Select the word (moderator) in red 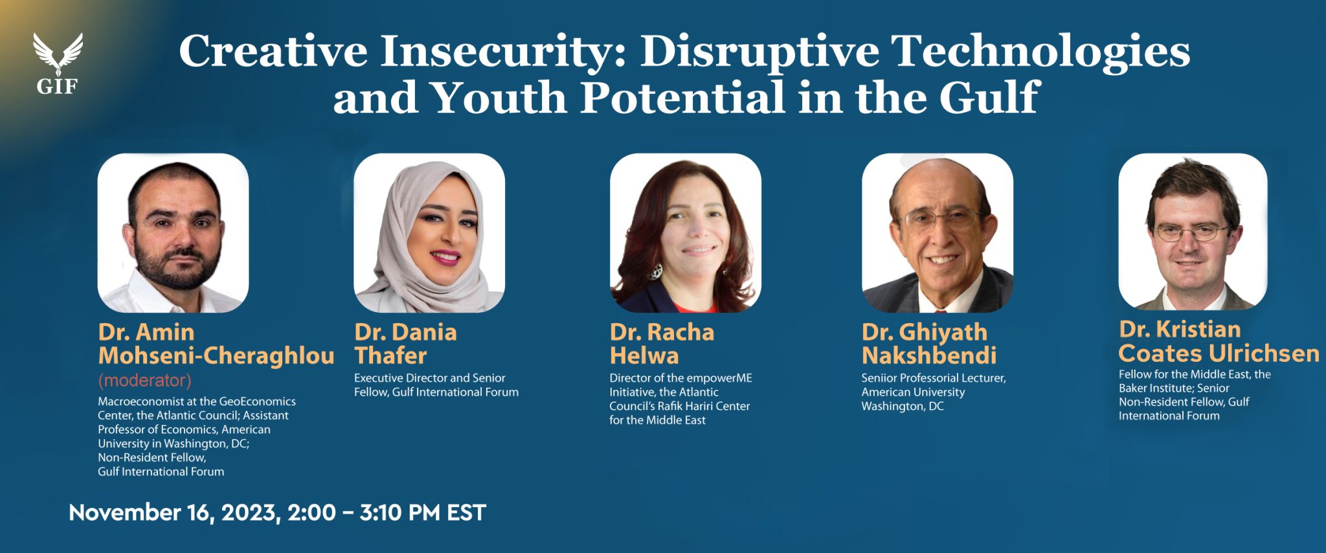click(144, 380)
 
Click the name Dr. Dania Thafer click(405, 344)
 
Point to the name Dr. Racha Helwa click(661, 344)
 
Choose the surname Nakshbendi click(928, 356)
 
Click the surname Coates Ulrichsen click(1219, 354)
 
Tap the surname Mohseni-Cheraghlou click(216, 356)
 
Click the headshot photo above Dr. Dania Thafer click(429, 233)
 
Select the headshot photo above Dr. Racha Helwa click(685, 233)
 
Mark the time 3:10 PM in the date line click(399, 513)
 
